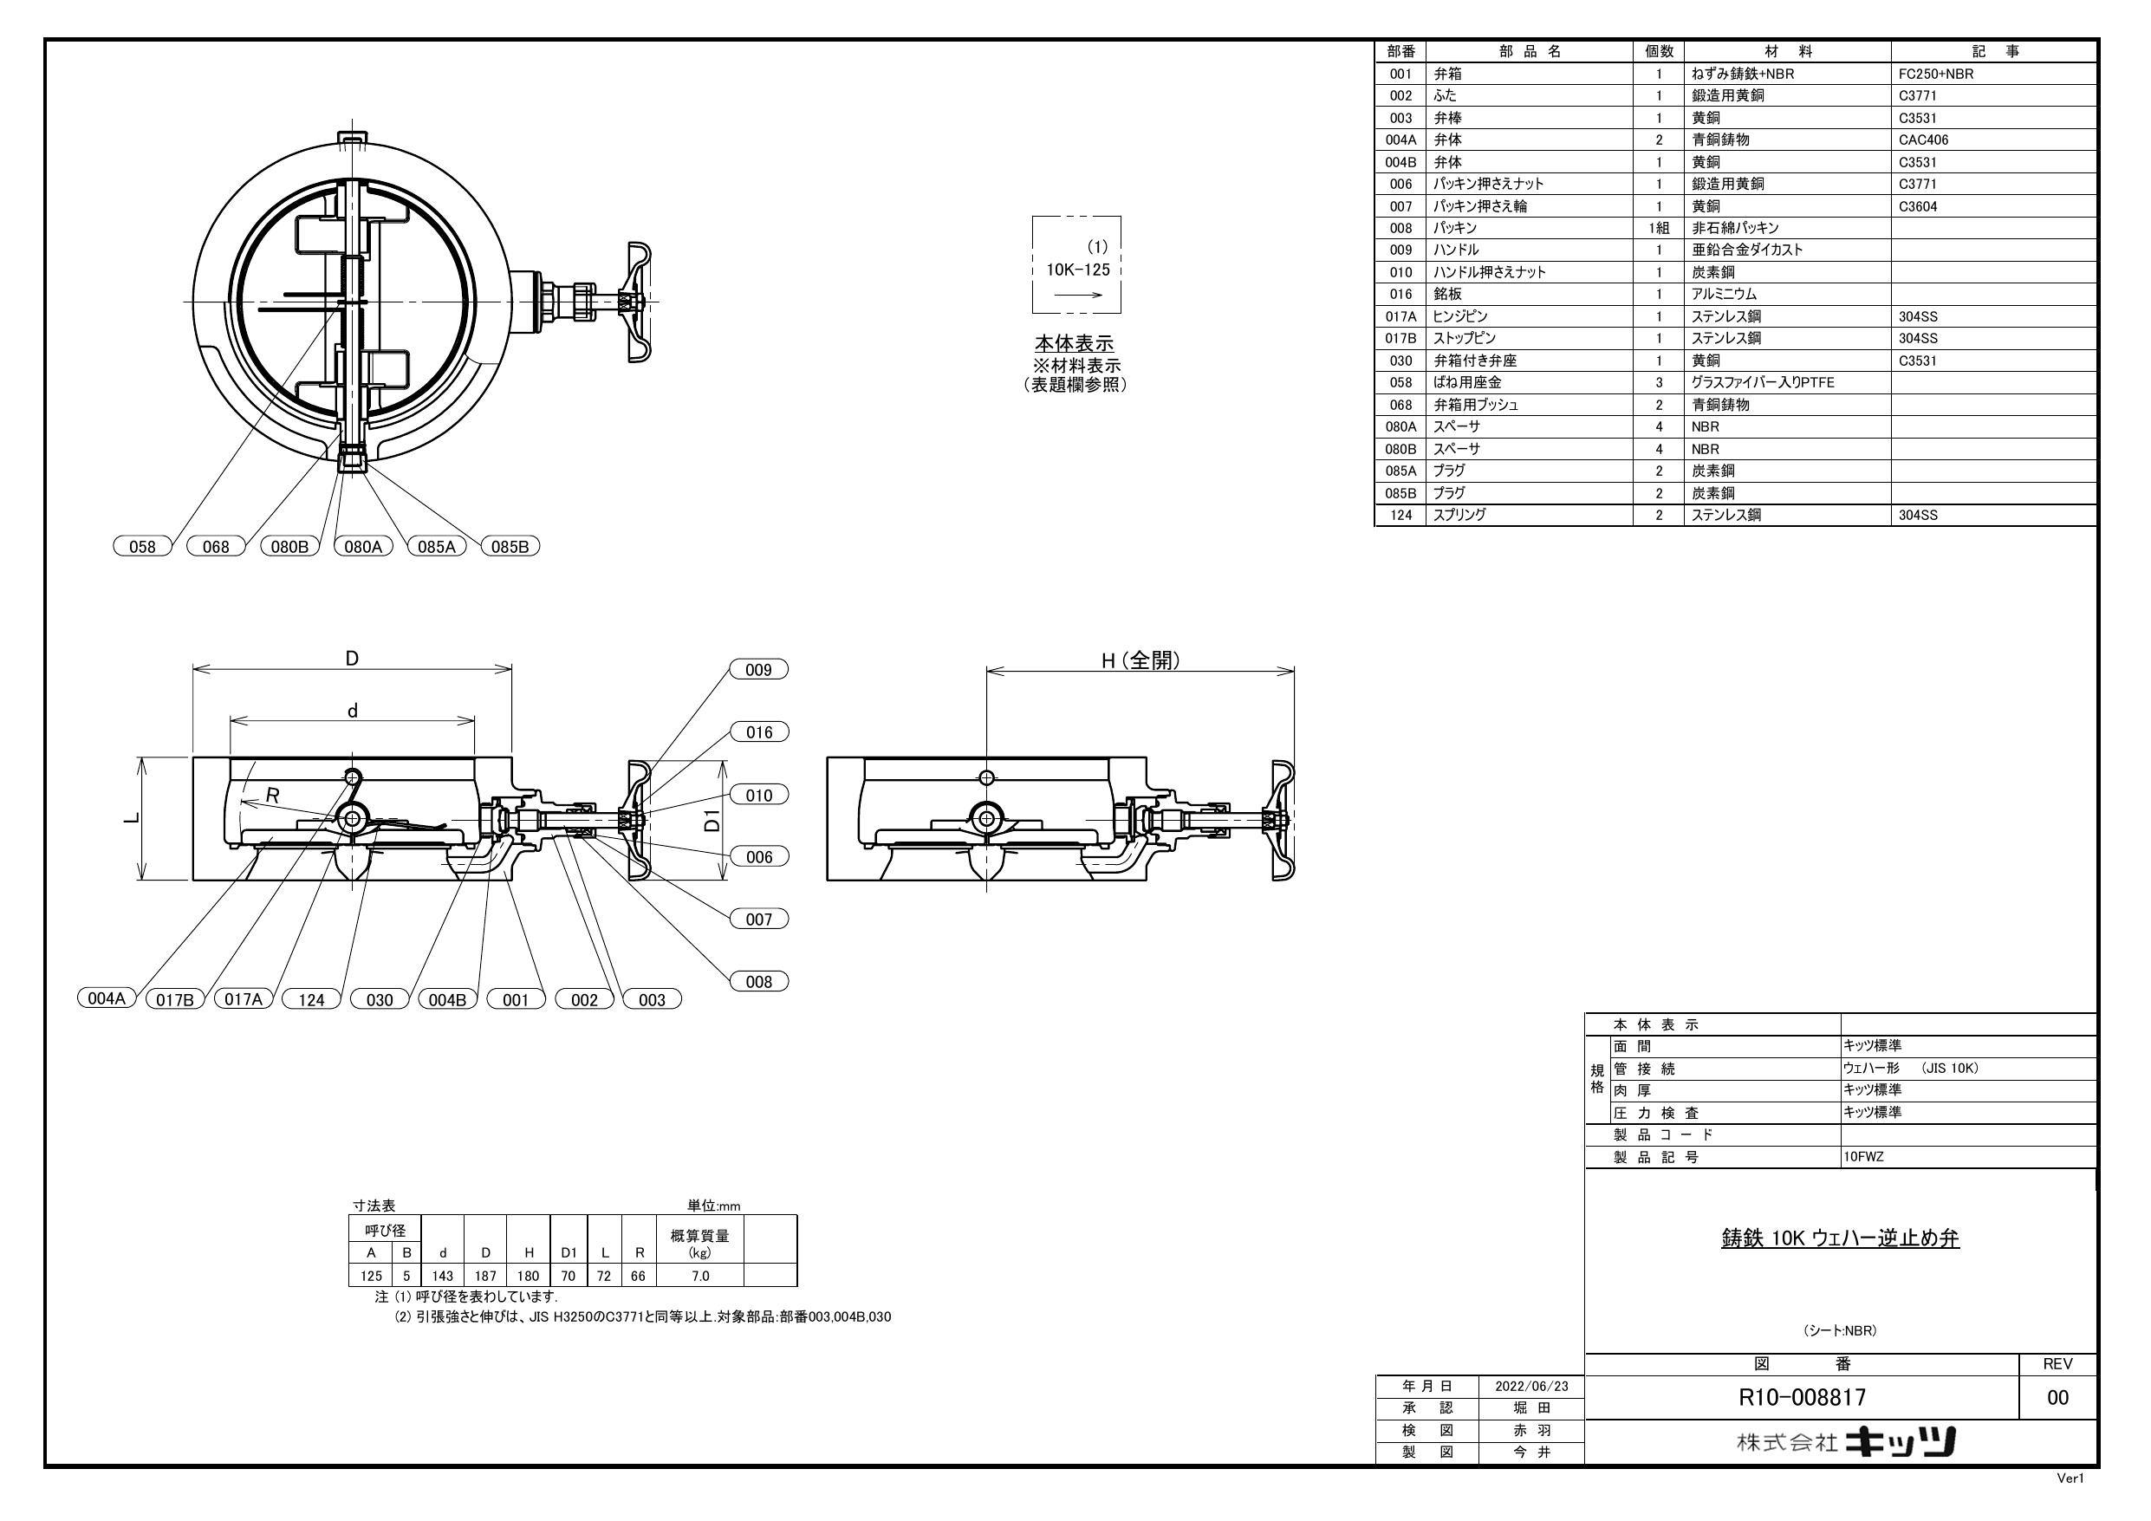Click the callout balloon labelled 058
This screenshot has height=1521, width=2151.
tap(142, 546)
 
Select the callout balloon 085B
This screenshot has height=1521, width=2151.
tap(510, 546)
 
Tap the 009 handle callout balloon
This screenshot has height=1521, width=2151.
tap(758, 669)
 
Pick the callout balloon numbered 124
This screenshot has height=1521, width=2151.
tap(311, 999)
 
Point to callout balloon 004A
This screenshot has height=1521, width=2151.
tap(107, 998)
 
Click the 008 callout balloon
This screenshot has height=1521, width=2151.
tap(758, 981)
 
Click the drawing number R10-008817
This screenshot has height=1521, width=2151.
tap(1802, 1397)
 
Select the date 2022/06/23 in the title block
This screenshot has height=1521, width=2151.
tap(1530, 1386)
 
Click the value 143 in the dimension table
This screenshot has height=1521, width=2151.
tap(442, 1276)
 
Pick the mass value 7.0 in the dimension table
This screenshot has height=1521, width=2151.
tap(700, 1276)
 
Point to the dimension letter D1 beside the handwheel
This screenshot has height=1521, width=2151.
tap(713, 820)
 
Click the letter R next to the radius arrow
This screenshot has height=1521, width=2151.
tap(273, 795)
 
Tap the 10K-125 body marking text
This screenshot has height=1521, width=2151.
tap(1077, 270)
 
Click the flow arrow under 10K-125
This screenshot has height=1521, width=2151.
tap(1078, 295)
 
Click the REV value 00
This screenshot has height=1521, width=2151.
tap(2057, 1397)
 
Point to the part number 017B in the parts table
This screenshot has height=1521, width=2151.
tap(1400, 338)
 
